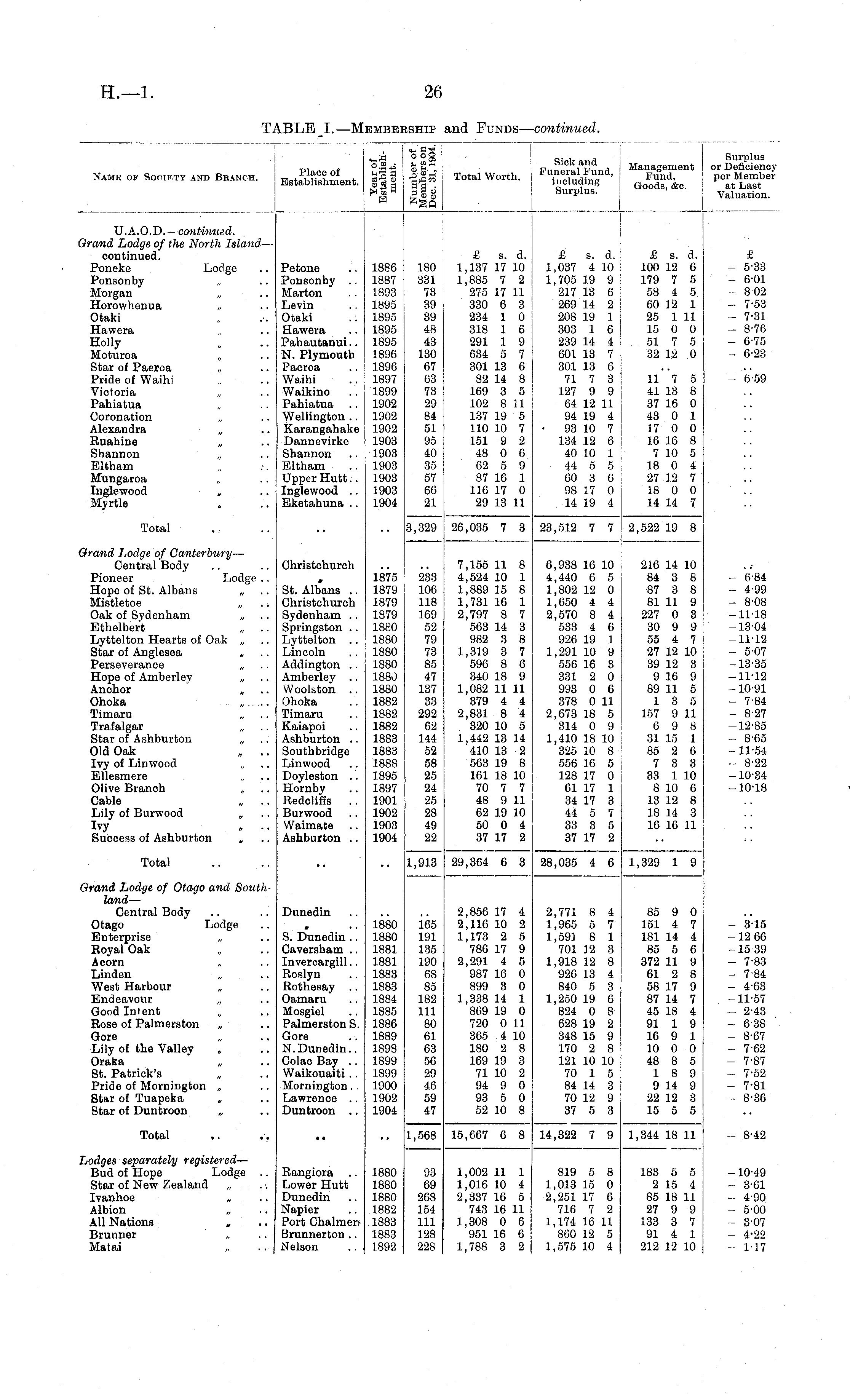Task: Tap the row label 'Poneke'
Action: coord(110,268)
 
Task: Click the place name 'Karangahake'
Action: coord(321,429)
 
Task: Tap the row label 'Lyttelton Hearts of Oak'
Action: coord(158,640)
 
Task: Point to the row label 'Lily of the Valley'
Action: coord(142,1049)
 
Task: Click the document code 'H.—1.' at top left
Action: coord(127,92)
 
